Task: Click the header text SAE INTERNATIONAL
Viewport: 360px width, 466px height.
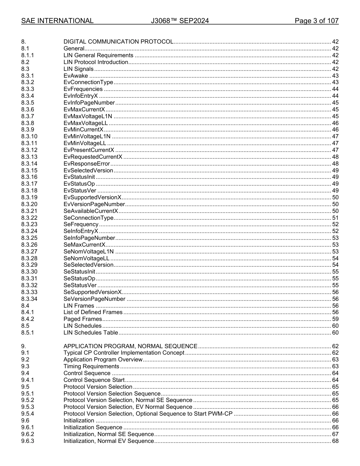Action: click(57, 21)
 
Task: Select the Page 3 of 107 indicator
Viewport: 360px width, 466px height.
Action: click(316, 21)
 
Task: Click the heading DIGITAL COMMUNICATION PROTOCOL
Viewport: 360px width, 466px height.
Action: click(118, 42)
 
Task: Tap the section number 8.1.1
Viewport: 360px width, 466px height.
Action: click(28, 55)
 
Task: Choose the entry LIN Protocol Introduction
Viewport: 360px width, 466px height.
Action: click(95, 62)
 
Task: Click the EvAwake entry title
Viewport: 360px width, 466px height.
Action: click(76, 76)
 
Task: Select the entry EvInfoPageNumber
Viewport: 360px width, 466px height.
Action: click(89, 103)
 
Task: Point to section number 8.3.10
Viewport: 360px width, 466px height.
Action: click(29, 136)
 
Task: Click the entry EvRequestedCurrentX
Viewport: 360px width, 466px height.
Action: click(93, 157)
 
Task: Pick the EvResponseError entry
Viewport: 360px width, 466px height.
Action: click(87, 164)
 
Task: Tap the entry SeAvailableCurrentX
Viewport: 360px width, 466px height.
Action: click(91, 211)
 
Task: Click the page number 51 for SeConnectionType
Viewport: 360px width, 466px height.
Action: click(335, 218)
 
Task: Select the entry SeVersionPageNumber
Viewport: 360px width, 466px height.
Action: click(94, 299)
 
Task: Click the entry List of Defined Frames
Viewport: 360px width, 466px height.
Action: click(93, 312)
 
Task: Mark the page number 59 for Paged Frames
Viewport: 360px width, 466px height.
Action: click(335, 319)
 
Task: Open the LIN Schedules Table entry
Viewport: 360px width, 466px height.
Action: click(91, 333)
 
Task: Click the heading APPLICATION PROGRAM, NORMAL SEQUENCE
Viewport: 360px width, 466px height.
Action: click(130, 346)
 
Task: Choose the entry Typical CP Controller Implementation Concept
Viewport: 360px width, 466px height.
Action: click(124, 353)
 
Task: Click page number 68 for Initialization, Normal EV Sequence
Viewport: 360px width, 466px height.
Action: click(335, 441)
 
